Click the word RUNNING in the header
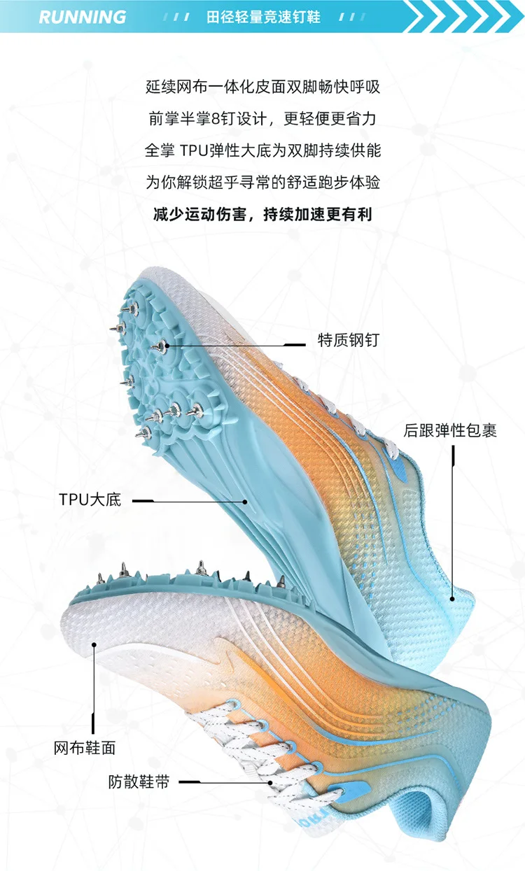click(83, 17)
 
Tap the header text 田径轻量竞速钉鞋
click(263, 17)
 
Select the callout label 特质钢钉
click(348, 341)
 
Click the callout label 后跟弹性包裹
click(450, 430)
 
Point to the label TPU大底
click(90, 500)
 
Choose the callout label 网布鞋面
click(85, 748)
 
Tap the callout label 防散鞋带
click(139, 781)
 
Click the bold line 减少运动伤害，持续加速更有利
click(262, 214)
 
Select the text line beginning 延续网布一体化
click(262, 88)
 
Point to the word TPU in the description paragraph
click(194, 150)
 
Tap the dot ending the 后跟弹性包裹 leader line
click(452, 598)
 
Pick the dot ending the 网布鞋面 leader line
click(92, 647)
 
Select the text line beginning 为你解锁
click(262, 183)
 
